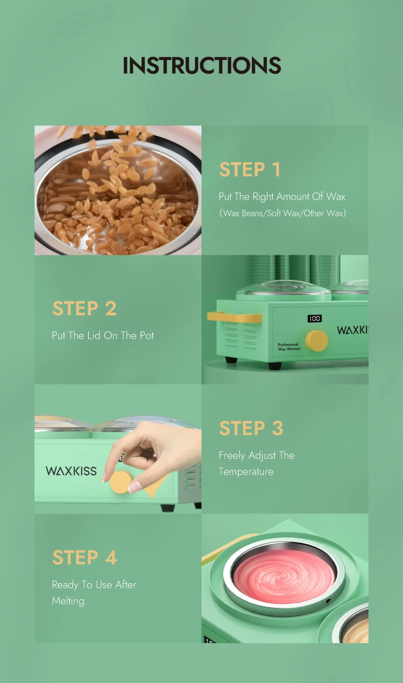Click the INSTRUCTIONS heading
tap(201, 65)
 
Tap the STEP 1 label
tap(249, 169)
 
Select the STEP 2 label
tap(84, 308)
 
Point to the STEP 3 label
tap(251, 428)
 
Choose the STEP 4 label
tap(85, 557)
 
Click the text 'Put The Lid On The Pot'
tap(103, 335)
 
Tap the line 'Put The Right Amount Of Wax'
tap(282, 197)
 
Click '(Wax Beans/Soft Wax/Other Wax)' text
tap(283, 213)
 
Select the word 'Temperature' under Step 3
tap(246, 472)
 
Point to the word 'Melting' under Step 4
tap(68, 601)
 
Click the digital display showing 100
tap(314, 319)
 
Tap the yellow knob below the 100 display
tap(316, 340)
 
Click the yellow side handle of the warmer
tap(234, 317)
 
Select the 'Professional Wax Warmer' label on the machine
tap(289, 347)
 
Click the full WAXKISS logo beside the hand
tap(71, 471)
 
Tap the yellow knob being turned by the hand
tap(121, 482)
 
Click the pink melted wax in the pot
tap(283, 577)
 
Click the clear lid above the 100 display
tap(283, 288)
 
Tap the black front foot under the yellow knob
tap(275, 366)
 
